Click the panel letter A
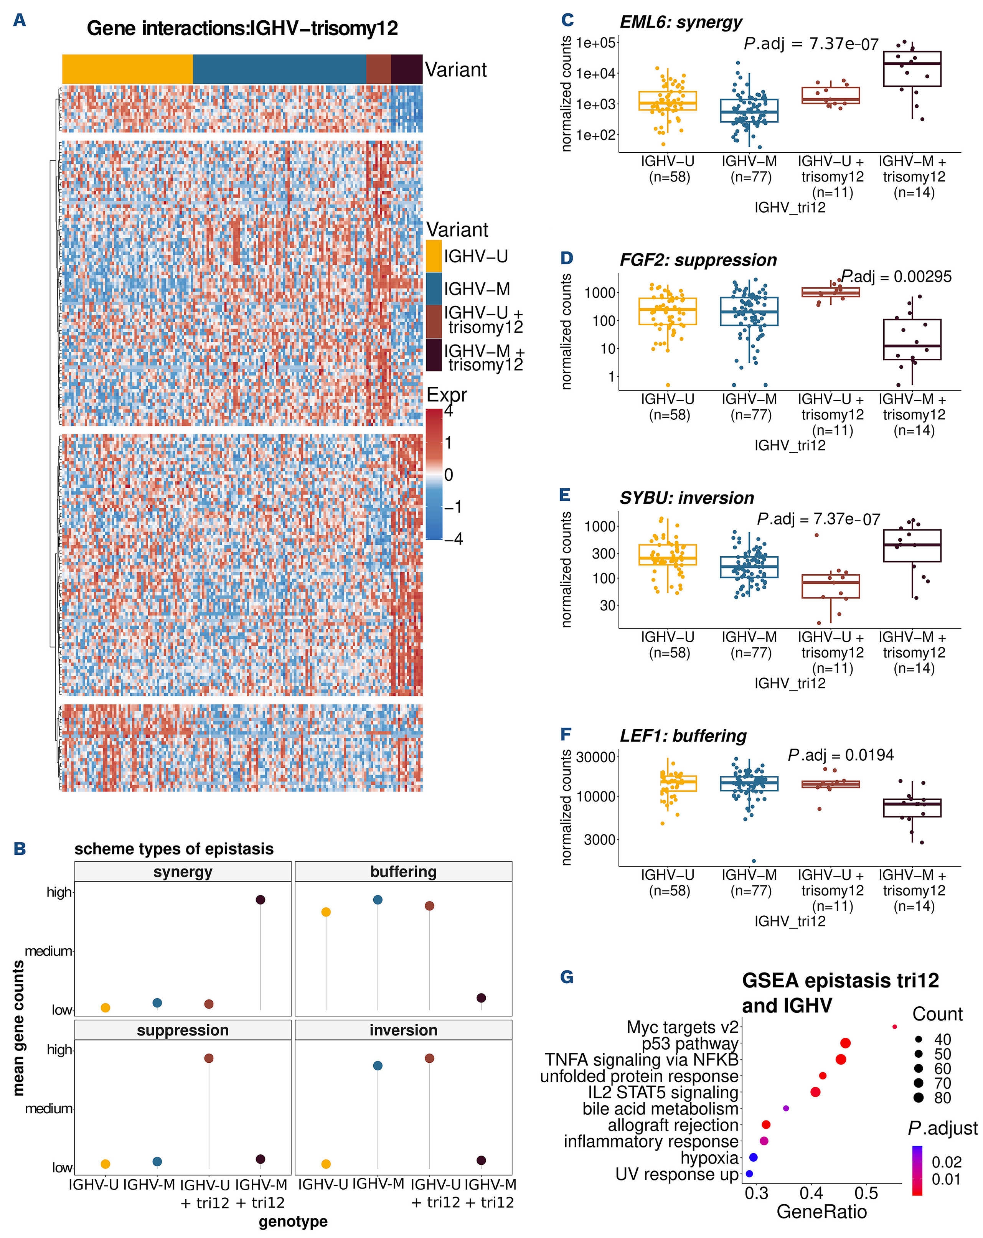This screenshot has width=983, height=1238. point(20,21)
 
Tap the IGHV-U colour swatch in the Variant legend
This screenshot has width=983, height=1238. point(434,256)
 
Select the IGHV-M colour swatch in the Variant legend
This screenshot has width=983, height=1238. point(434,288)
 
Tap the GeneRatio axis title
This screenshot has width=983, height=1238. point(821,1212)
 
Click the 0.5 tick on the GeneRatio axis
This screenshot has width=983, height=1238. point(866,1193)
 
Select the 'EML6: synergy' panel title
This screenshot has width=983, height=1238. point(680,22)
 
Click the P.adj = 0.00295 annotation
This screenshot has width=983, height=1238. point(896,277)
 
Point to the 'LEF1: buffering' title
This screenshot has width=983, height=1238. point(683,735)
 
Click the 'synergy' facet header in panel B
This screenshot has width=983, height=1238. point(183,872)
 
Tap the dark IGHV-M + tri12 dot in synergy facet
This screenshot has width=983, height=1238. point(260,900)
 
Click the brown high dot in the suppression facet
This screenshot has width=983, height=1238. point(209,1058)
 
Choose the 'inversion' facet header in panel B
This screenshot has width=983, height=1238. point(403,1030)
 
